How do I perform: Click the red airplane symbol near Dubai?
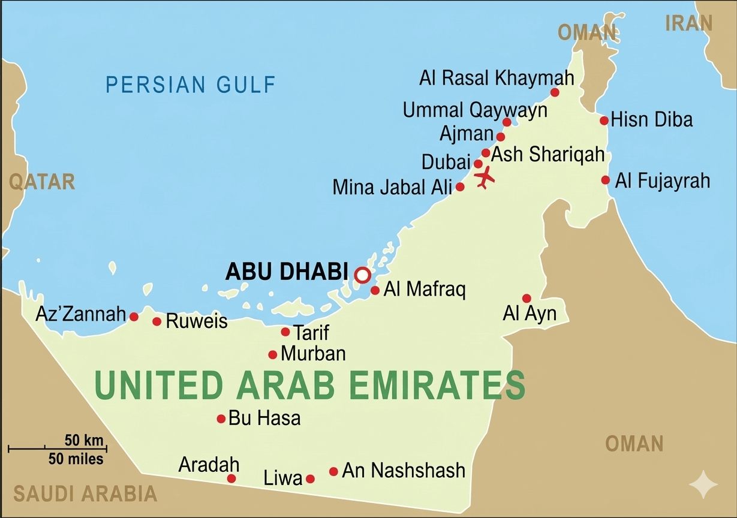click(x=485, y=177)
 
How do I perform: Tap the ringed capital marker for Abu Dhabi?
click(x=362, y=275)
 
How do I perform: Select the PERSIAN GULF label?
click(x=191, y=85)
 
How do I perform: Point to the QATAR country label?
click(x=42, y=182)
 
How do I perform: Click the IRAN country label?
click(x=688, y=23)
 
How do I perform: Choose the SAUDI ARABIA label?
click(x=85, y=494)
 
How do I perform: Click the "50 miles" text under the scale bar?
click(x=76, y=459)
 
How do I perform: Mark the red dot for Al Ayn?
click(x=527, y=298)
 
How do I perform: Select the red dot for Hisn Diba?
click(x=604, y=121)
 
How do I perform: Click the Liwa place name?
click(x=282, y=478)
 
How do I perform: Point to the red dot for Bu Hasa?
click(x=221, y=418)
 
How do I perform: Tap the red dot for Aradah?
click(x=231, y=478)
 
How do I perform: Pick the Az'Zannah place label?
click(x=80, y=314)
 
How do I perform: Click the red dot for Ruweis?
click(x=157, y=321)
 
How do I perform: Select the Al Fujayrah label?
click(x=662, y=180)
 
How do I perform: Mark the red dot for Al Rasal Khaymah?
click(x=555, y=92)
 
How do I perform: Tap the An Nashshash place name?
click(x=403, y=471)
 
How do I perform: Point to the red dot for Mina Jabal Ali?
click(x=460, y=186)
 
